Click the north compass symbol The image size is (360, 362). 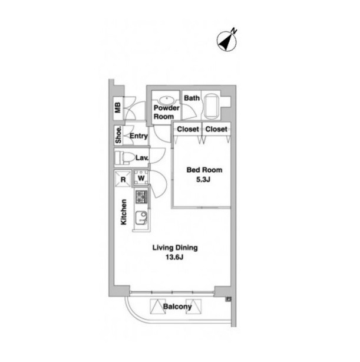point(227,41)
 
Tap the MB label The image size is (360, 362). point(118,107)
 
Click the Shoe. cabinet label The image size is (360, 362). point(118,135)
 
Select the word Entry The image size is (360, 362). point(138,136)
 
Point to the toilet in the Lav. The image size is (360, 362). point(125,157)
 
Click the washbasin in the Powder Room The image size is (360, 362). point(166,101)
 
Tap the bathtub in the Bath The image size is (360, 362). point(211,106)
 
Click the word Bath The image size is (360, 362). point(191,98)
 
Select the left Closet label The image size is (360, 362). point(188,129)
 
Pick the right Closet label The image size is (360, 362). point(216,129)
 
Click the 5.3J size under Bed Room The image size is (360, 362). point(203,179)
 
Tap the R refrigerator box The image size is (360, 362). point(123,179)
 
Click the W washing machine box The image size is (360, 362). point(141,178)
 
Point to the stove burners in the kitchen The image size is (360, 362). point(141,197)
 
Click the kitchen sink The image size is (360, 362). point(141,218)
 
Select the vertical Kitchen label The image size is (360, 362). point(124,212)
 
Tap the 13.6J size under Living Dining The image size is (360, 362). point(174,257)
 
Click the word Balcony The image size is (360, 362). point(177,307)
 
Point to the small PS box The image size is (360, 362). point(229,299)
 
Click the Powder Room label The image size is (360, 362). point(166,112)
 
